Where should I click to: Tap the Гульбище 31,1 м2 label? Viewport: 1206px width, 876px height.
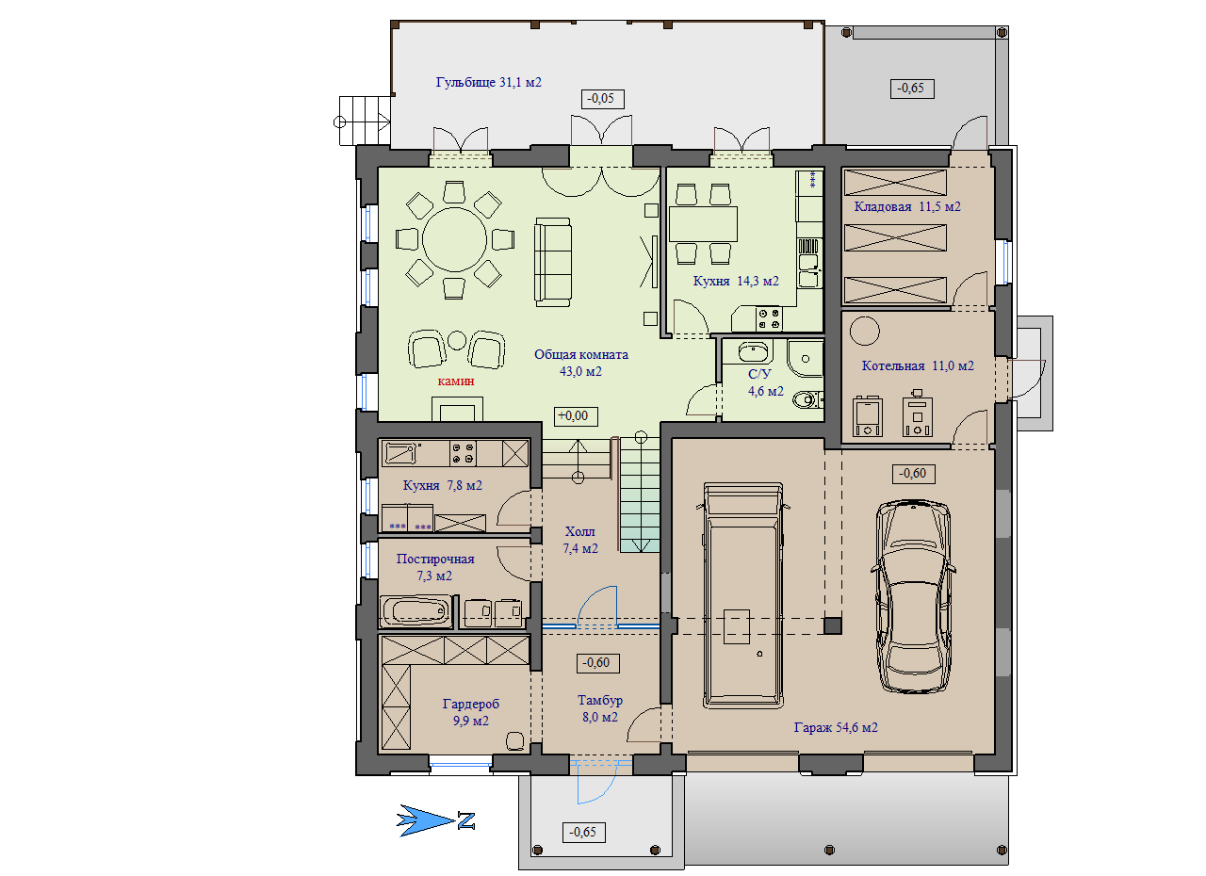pyautogui.click(x=488, y=82)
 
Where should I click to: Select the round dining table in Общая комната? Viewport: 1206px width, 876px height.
pyautogui.click(x=454, y=239)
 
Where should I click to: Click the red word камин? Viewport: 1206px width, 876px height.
pyautogui.click(x=455, y=381)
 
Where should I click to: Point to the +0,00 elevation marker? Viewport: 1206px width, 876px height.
pyautogui.click(x=576, y=416)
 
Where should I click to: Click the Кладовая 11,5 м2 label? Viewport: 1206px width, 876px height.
pyautogui.click(x=907, y=206)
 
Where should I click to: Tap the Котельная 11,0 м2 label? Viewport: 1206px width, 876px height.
pyautogui.click(x=918, y=365)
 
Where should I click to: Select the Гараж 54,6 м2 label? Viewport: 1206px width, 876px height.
pyautogui.click(x=836, y=727)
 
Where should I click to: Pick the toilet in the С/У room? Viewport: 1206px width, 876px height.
pyautogui.click(x=808, y=399)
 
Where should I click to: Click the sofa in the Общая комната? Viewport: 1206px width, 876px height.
pyautogui.click(x=553, y=262)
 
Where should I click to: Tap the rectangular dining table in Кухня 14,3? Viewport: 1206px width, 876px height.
pyautogui.click(x=703, y=224)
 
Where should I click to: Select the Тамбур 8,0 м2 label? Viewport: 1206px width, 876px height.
pyautogui.click(x=600, y=708)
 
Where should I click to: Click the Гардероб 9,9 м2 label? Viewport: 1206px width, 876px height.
pyautogui.click(x=470, y=712)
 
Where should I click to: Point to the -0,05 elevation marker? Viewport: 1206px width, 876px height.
pyautogui.click(x=602, y=99)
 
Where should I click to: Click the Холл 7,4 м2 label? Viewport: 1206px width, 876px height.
pyautogui.click(x=580, y=541)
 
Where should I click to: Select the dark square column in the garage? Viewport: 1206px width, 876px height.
pyautogui.click(x=832, y=625)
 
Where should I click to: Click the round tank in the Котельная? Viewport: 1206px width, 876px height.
pyautogui.click(x=865, y=331)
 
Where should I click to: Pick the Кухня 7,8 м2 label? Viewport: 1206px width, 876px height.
pyautogui.click(x=442, y=486)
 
